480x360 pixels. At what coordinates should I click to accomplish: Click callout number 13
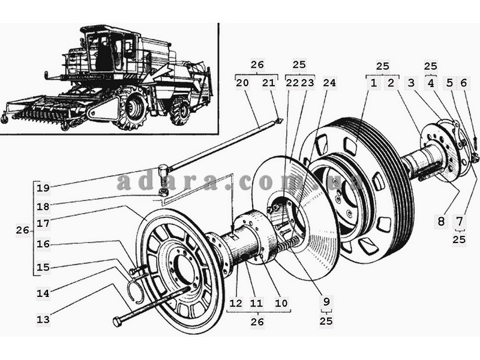click(x=43, y=319)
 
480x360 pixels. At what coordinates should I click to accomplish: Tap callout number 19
click(x=43, y=188)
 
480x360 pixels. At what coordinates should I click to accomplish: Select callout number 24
click(x=329, y=83)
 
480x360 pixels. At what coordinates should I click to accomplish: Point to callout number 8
click(x=441, y=221)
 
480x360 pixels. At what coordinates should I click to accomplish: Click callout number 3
click(x=411, y=83)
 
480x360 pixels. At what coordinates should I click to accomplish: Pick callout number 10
click(x=281, y=303)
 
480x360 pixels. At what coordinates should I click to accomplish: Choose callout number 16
click(x=43, y=244)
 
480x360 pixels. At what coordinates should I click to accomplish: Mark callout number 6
click(x=463, y=83)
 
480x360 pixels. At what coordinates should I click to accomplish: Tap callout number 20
click(x=242, y=83)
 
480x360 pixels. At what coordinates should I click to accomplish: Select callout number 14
click(x=43, y=293)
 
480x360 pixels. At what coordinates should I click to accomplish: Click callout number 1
click(x=373, y=83)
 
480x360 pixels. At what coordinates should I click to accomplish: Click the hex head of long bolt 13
click(x=118, y=322)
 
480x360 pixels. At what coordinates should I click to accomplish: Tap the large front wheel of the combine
click(x=132, y=107)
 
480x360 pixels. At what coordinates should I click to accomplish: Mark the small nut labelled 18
click(x=163, y=193)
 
